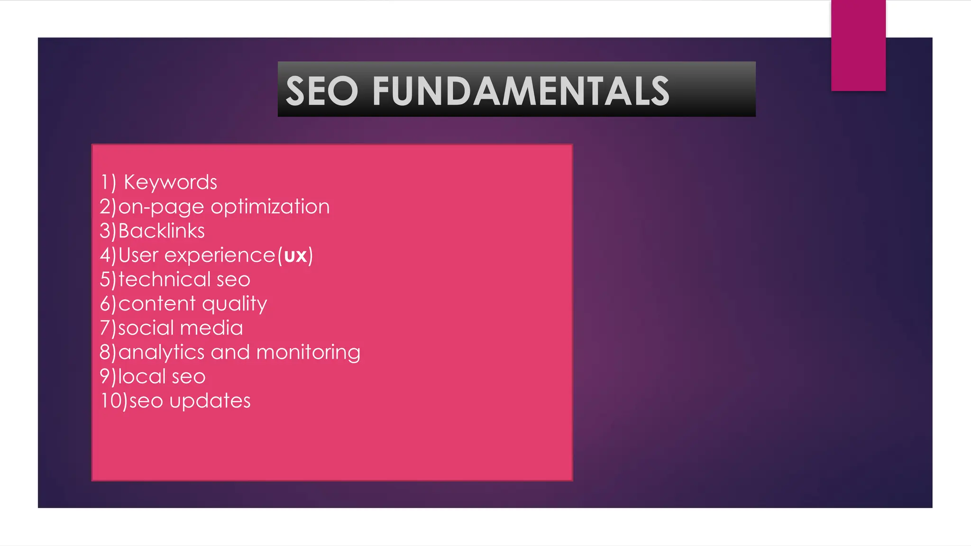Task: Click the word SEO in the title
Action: coord(322,91)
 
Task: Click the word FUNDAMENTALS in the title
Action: coord(521,91)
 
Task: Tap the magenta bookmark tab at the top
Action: coord(858,45)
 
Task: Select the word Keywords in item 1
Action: coord(170,182)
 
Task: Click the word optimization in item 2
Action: coord(270,207)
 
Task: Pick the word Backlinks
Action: coord(161,231)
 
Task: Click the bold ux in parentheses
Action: coord(295,256)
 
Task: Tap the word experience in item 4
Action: coord(220,256)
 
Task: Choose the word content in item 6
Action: coord(157,304)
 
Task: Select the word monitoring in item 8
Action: coord(308,353)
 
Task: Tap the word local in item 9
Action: coord(141,377)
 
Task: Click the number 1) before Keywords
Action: coord(108,182)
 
